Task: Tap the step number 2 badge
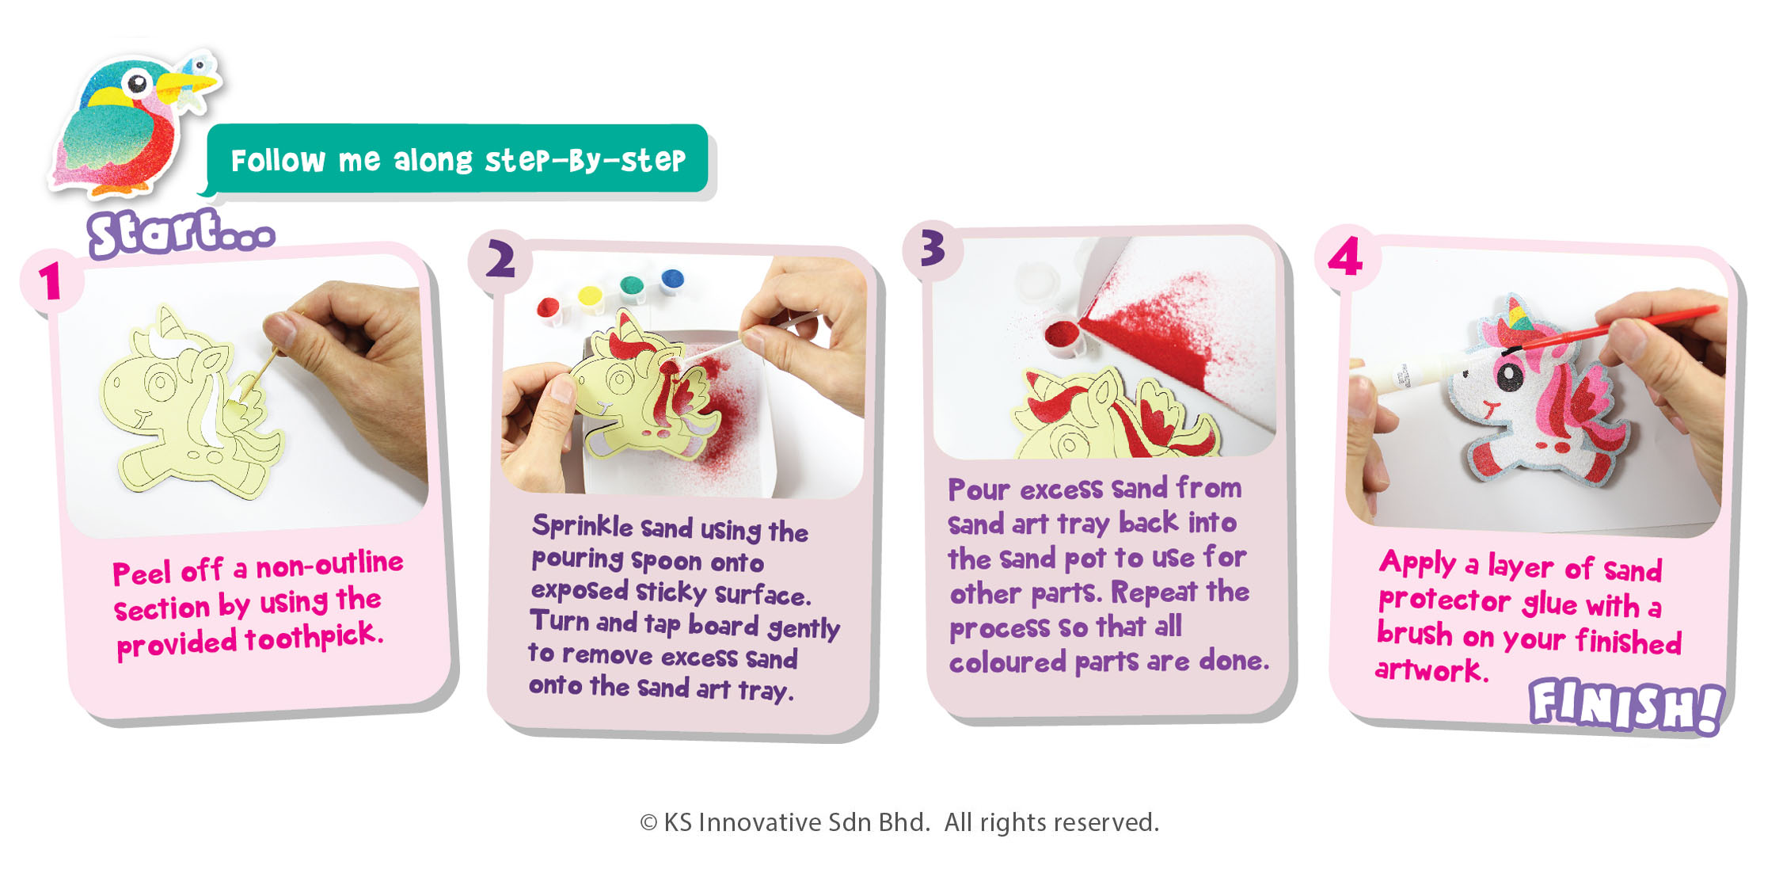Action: point(500,261)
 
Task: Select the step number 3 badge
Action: point(933,250)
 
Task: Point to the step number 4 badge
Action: point(1347,257)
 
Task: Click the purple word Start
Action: point(181,233)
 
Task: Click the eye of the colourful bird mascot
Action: point(139,82)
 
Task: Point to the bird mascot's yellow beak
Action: point(191,82)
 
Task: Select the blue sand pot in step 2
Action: point(671,280)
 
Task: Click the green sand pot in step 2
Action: point(632,287)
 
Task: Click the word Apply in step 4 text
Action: point(1417,562)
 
